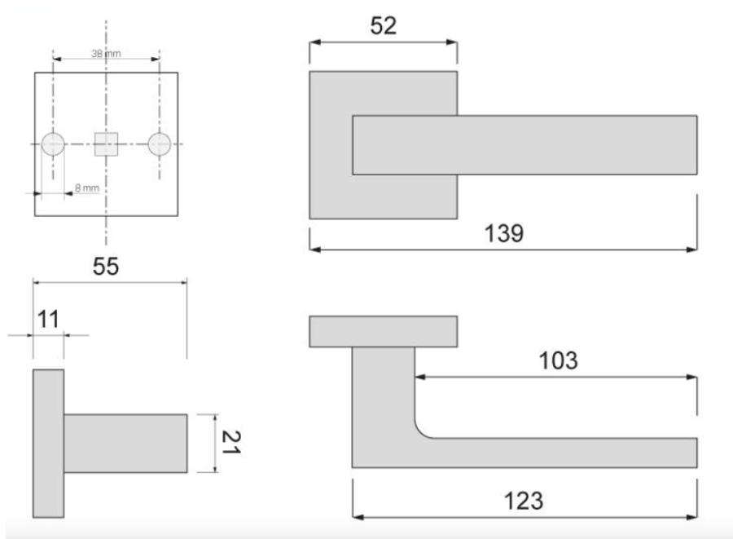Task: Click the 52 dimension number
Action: (x=384, y=26)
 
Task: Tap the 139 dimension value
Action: (x=503, y=233)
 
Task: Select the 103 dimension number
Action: (x=558, y=360)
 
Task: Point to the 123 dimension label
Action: (x=524, y=501)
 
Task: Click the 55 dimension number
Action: (x=106, y=266)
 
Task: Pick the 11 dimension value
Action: (x=48, y=320)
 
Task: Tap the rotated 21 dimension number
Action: (x=231, y=443)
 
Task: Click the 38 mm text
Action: (x=106, y=53)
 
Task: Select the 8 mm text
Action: (x=87, y=188)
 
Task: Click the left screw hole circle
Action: (x=53, y=144)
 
